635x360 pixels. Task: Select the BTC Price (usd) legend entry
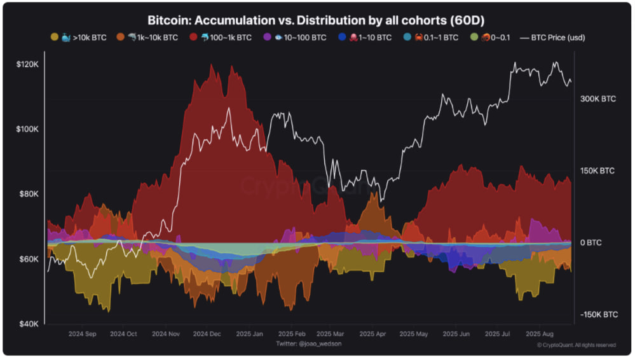552,38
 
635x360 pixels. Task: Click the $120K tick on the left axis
29,64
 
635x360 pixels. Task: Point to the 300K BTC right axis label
598,99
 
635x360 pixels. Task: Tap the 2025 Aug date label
538,333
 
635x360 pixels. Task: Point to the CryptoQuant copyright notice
577,345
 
